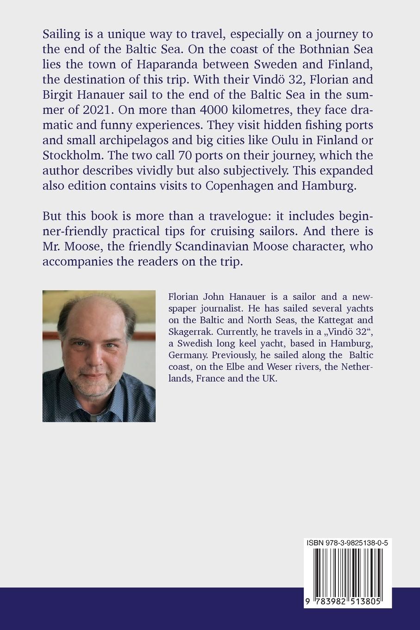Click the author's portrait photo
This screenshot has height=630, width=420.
99,356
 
